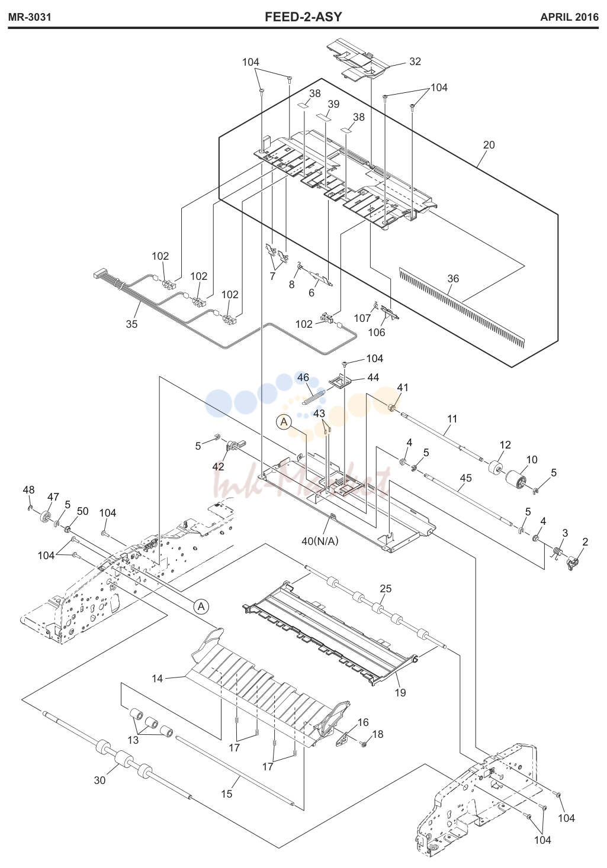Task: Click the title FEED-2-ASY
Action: (x=303, y=17)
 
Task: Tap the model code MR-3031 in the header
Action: (x=30, y=17)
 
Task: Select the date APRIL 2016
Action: (x=569, y=17)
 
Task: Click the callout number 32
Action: (x=415, y=62)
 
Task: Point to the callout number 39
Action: (x=333, y=104)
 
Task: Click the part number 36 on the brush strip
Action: (x=453, y=278)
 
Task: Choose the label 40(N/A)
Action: (x=320, y=541)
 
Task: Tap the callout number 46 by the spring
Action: (x=303, y=377)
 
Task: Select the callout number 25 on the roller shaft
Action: (x=386, y=588)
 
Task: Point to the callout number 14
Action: (x=157, y=678)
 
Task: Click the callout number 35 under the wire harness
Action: (x=131, y=324)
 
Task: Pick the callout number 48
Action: (x=28, y=489)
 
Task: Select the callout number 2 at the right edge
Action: (x=585, y=542)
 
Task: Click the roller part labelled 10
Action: (x=515, y=478)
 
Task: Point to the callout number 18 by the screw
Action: (x=377, y=734)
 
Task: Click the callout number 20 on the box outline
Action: (x=489, y=144)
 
